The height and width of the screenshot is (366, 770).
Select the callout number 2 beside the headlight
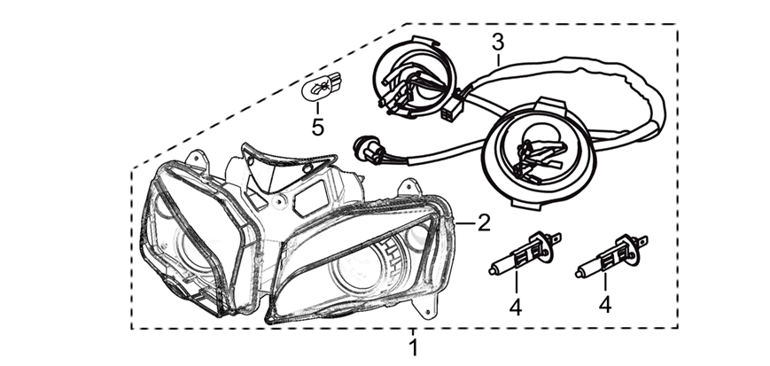pos(484,222)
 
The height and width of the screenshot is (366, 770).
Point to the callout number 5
pos(317,127)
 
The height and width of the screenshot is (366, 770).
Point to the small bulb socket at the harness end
pos(363,144)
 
